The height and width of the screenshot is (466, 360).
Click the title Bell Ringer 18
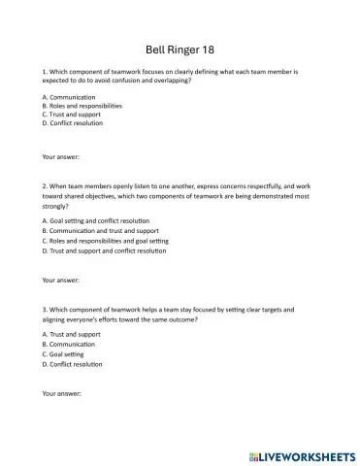(180, 49)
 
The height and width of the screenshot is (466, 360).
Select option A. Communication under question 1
(69, 97)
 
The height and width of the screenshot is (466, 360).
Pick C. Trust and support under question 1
(74, 115)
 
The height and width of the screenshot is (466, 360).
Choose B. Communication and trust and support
(101, 231)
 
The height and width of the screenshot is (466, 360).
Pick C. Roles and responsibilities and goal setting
(106, 240)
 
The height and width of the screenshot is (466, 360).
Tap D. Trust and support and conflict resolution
(105, 250)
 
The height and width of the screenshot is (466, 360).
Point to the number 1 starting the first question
(45, 73)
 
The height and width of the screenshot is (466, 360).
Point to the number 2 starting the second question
(45, 187)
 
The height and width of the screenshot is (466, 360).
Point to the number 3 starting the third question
(45, 310)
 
